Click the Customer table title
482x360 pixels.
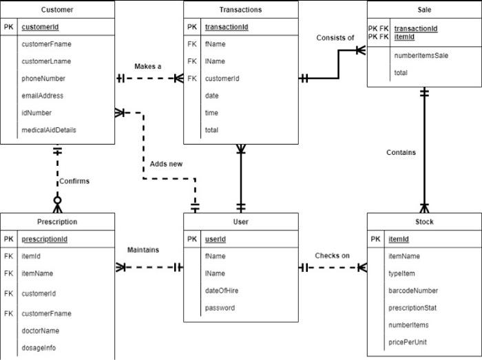pos(57,10)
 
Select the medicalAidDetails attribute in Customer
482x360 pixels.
pos(49,130)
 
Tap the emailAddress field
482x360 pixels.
pos(43,96)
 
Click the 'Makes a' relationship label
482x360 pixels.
pos(148,67)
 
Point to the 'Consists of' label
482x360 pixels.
pos(335,38)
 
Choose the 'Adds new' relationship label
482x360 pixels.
pos(167,164)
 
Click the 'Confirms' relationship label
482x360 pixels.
pos(74,182)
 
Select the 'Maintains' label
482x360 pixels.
pos(143,250)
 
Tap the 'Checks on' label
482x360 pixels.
pos(333,256)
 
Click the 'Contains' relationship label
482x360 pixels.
pos(401,153)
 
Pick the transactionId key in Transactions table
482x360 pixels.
pos(227,27)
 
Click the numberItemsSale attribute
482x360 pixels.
pos(421,55)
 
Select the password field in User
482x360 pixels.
pos(220,308)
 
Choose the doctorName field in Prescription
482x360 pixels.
pos(41,330)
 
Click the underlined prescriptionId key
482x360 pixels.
pos(45,239)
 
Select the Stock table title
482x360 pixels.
pos(424,222)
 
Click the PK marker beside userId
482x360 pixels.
pos(192,239)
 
